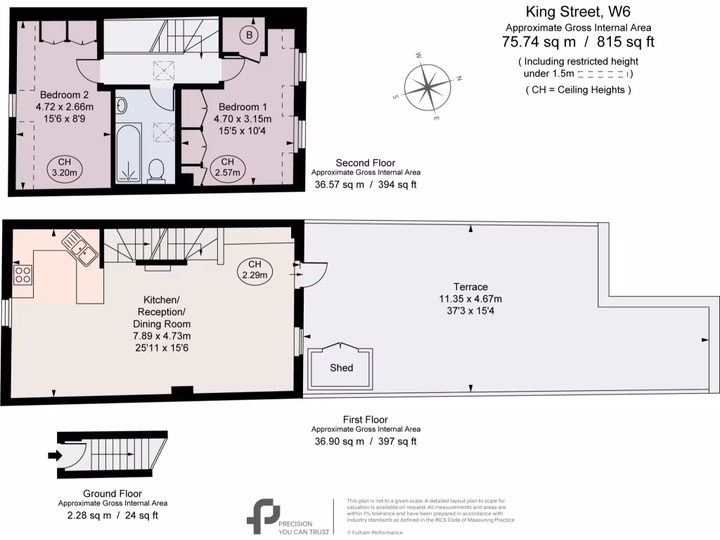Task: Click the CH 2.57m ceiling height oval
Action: [x=227, y=167]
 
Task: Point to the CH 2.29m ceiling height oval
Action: [x=255, y=270]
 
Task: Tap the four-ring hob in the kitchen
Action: [x=22, y=274]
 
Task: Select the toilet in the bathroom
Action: [x=157, y=169]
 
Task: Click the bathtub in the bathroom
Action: [x=129, y=154]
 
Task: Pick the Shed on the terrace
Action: [x=342, y=367]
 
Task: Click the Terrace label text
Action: [x=470, y=287]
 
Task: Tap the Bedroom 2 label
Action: [x=64, y=95]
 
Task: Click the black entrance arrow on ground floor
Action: [x=54, y=456]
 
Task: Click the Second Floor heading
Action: [x=366, y=162]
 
